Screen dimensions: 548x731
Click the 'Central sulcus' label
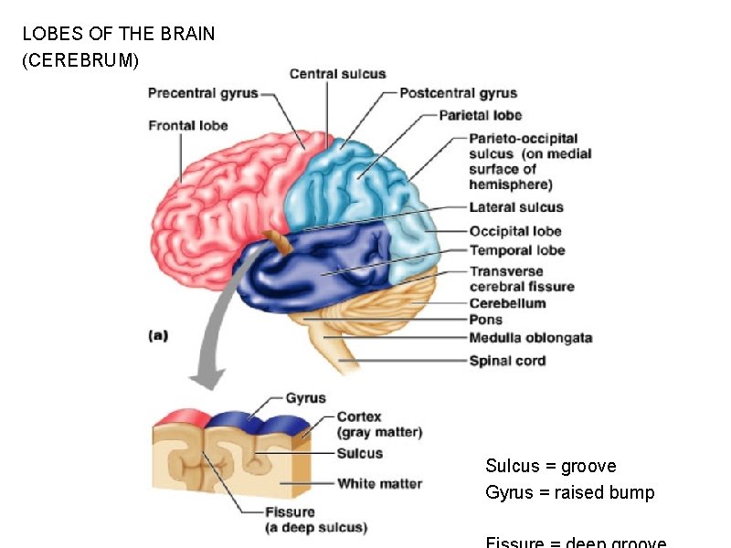[x=337, y=74]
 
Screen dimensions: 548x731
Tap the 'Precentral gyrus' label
[x=202, y=92]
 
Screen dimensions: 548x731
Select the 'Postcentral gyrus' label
[x=458, y=92]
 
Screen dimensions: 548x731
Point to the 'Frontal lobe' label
[x=188, y=125]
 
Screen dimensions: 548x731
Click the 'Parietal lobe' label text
[x=480, y=115]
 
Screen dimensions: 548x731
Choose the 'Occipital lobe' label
[x=514, y=231]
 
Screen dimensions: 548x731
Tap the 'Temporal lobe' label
[x=516, y=250]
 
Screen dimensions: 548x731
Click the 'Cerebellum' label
[x=507, y=303]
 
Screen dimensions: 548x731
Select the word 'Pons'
[x=485, y=320]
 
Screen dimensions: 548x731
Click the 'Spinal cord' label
[x=507, y=361]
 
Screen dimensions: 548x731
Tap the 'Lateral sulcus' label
[x=515, y=207]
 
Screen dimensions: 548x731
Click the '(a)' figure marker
[x=158, y=335]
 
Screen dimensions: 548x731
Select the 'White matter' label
[x=379, y=483]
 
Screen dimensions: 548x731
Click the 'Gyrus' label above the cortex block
[x=305, y=398]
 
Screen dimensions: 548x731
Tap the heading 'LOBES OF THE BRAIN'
[x=119, y=35]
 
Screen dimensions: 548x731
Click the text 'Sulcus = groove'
[x=550, y=467]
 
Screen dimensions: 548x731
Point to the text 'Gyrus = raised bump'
[x=569, y=493]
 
